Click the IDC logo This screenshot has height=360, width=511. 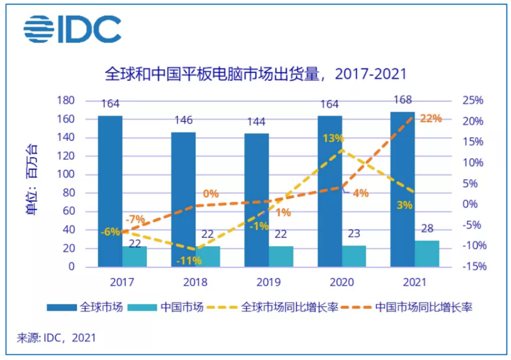click(x=73, y=30)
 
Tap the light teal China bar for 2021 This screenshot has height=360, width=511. click(x=427, y=254)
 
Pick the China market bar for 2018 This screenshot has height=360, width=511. click(x=208, y=256)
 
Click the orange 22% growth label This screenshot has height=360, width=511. click(x=431, y=119)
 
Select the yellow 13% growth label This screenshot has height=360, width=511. click(x=333, y=139)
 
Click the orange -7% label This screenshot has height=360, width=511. click(x=135, y=220)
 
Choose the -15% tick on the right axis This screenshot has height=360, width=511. click(x=473, y=267)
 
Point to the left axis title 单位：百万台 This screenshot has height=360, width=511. click(x=32, y=183)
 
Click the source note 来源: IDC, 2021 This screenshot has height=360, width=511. click(x=57, y=337)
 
